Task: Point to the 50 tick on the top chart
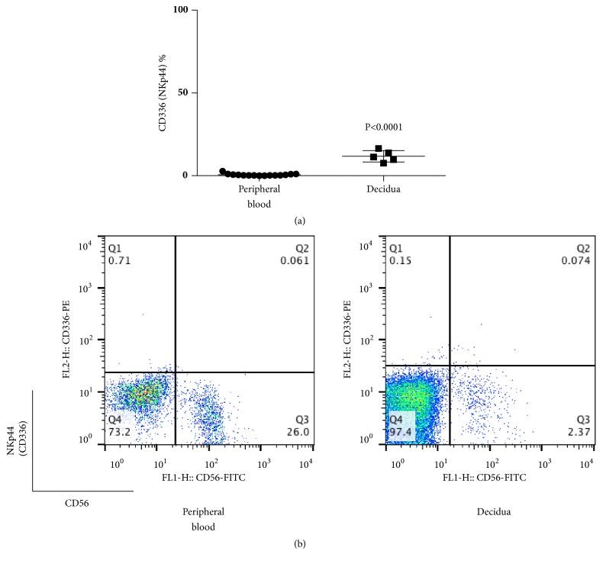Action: tap(184, 92)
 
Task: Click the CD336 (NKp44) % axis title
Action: tap(163, 94)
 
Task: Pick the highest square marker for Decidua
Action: tap(379, 149)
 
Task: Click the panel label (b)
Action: tap(301, 544)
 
